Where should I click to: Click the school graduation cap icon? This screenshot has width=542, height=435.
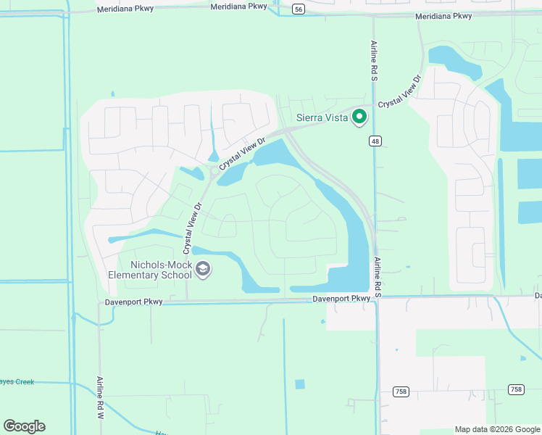pyautogui.click(x=203, y=270)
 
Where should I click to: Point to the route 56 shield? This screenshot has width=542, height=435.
pyautogui.click(x=298, y=9)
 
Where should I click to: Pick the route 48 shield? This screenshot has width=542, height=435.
pyautogui.click(x=374, y=141)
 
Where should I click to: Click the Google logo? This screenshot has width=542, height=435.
pyautogui.click(x=24, y=426)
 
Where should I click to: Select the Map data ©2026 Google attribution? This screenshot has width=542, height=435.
pyautogui.click(x=497, y=429)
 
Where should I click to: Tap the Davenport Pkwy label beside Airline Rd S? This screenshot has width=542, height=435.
pyautogui.click(x=342, y=299)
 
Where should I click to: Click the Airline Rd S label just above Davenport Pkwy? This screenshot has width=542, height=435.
pyautogui.click(x=378, y=275)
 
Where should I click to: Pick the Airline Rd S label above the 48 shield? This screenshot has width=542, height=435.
pyautogui.click(x=374, y=60)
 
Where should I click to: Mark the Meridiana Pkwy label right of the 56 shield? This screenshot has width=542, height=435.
pyautogui.click(x=444, y=16)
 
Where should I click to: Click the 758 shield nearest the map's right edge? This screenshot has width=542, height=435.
pyautogui.click(x=516, y=389)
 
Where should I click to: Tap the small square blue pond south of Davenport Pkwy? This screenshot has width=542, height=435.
pyautogui.click(x=300, y=384)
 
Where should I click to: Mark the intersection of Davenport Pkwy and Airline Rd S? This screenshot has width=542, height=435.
pyautogui.click(x=377, y=297)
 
